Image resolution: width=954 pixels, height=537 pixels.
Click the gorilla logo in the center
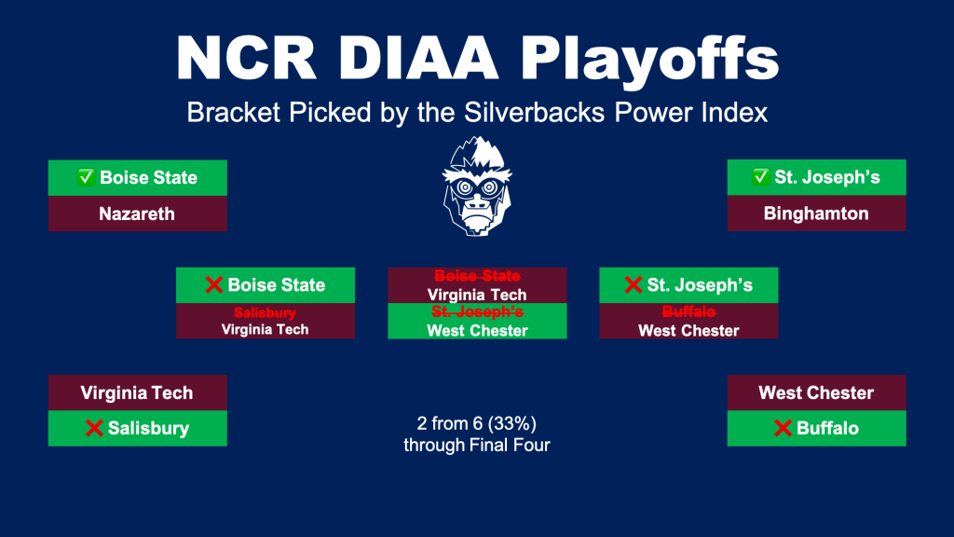477,186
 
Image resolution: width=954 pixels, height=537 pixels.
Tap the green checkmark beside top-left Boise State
86,177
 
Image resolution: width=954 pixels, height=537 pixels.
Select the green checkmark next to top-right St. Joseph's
760,176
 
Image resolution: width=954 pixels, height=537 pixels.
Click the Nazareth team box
138,213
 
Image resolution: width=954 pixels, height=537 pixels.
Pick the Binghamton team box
816,213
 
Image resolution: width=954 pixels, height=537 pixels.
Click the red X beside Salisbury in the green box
94,428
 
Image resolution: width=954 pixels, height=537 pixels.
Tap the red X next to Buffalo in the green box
783,428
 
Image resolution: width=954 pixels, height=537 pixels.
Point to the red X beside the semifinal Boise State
213,284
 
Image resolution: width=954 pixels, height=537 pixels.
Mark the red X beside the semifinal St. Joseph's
634,284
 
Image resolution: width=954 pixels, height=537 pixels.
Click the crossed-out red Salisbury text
266,312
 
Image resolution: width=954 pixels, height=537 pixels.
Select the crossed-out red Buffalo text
688,311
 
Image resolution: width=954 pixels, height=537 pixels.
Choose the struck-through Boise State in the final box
477,276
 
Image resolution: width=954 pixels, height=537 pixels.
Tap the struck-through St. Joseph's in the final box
477,311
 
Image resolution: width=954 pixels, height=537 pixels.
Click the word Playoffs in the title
649,59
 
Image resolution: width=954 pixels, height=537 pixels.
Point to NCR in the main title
246,58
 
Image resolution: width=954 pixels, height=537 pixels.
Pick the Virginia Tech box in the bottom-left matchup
138,392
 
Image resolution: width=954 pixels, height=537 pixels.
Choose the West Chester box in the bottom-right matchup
816,392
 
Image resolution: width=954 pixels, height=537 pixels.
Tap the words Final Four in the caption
511,445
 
